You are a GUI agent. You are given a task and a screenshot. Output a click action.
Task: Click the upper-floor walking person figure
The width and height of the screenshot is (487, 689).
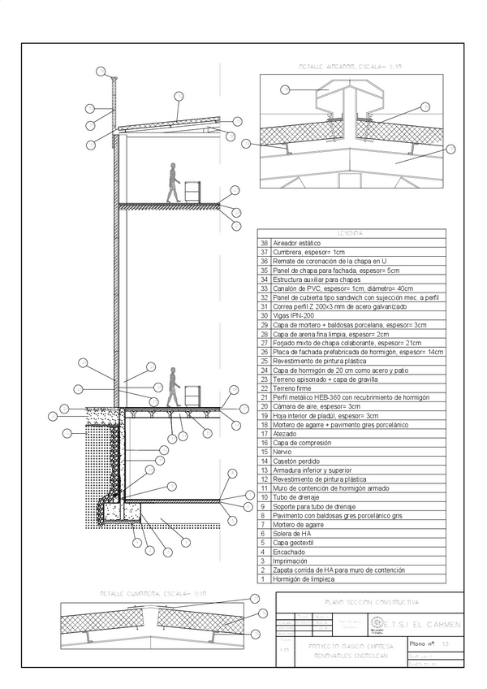coord(171,183)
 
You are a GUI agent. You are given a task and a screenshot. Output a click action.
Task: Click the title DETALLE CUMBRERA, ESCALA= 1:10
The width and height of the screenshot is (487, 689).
coord(153,594)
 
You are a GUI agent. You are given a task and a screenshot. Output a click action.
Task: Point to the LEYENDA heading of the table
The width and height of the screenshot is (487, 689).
coord(351,234)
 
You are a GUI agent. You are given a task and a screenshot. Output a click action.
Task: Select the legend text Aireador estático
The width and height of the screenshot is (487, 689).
coord(298,243)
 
